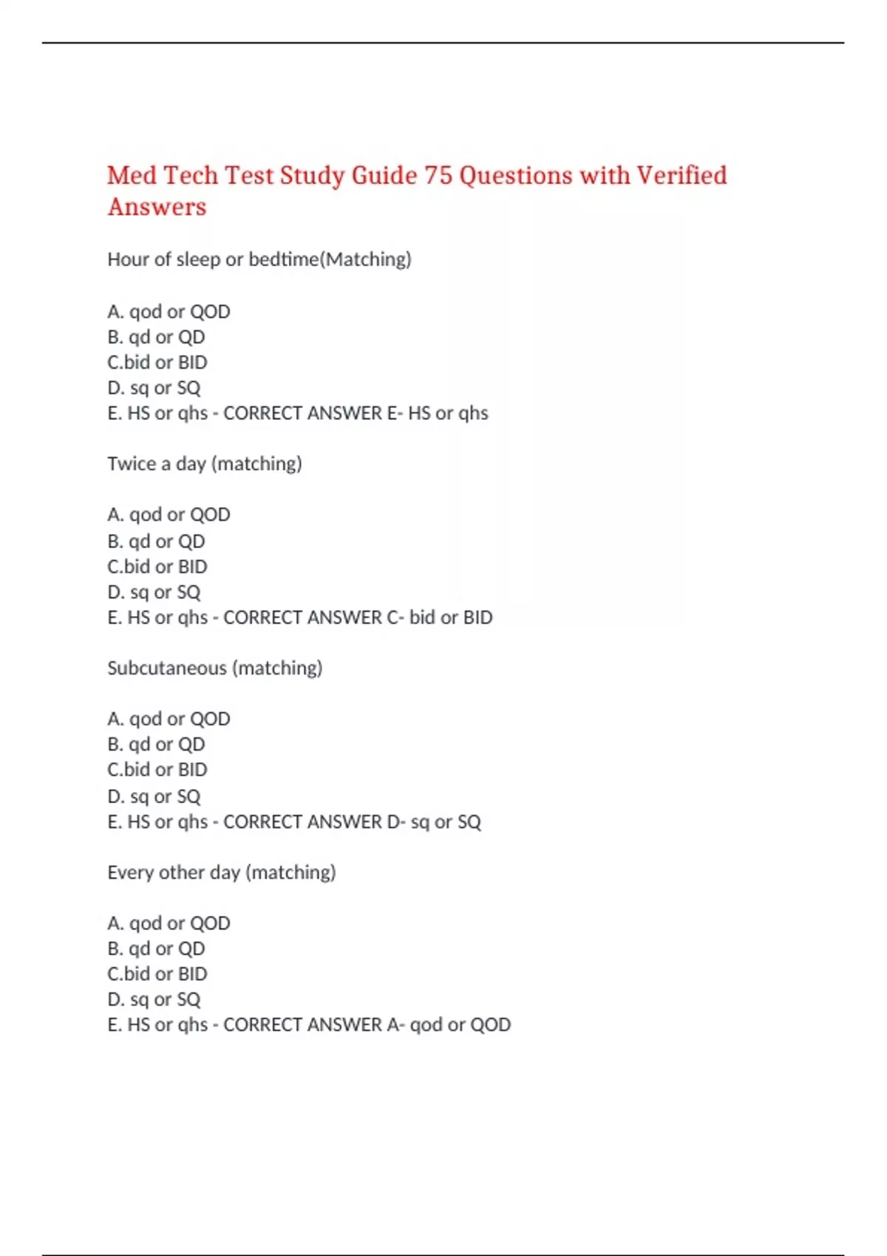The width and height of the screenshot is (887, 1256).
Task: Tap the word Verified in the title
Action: tap(682, 176)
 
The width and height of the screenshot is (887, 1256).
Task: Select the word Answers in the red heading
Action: tap(157, 208)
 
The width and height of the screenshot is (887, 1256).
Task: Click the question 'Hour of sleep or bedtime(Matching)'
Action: tap(259, 259)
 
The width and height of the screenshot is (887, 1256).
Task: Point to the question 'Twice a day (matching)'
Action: tap(205, 464)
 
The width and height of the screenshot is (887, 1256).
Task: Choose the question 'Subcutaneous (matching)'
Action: tap(214, 668)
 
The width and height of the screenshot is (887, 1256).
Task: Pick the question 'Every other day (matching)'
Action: tap(221, 873)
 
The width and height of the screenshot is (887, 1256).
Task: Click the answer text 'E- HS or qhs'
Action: tap(438, 413)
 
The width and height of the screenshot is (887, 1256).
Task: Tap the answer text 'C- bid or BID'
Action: tap(440, 618)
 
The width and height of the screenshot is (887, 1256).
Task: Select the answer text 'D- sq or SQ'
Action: tap(434, 822)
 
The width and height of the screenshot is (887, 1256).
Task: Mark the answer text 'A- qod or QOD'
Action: tap(449, 1025)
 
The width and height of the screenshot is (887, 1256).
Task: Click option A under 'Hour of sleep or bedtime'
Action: tap(169, 312)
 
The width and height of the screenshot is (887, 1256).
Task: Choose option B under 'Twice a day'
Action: tap(156, 542)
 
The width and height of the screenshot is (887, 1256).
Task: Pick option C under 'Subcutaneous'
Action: tap(157, 770)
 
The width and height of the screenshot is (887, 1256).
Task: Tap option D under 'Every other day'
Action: tap(154, 1000)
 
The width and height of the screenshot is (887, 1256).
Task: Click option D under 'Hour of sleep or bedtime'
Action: tap(154, 388)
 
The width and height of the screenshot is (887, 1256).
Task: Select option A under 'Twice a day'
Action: tap(169, 514)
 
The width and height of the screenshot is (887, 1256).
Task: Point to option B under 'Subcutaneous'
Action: tap(156, 744)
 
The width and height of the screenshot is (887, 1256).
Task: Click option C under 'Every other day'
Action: tap(157, 974)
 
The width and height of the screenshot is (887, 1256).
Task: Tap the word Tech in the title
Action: tap(190, 176)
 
